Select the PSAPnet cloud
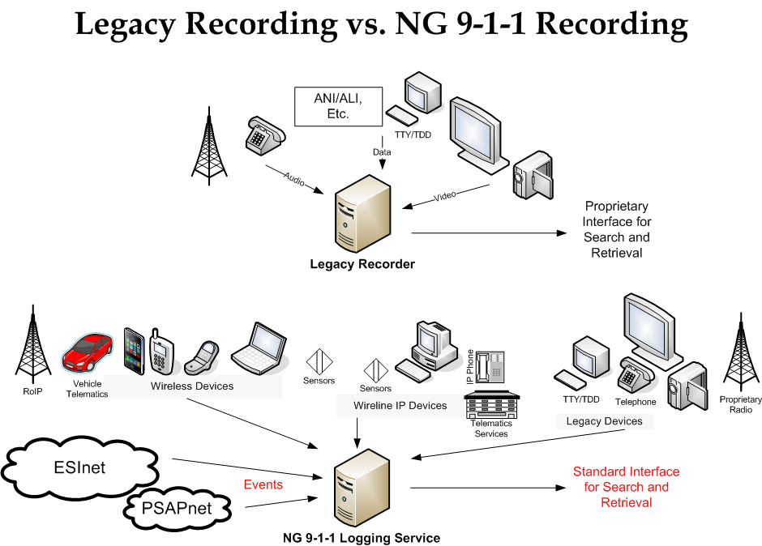click(x=174, y=508)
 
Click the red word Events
click(x=263, y=484)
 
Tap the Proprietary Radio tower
click(x=739, y=356)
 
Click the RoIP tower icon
click(x=32, y=343)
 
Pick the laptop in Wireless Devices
click(x=258, y=348)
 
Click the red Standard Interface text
click(x=626, y=487)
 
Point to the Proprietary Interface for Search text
click(x=617, y=229)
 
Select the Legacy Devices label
click(x=604, y=421)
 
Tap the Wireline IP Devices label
click(x=400, y=405)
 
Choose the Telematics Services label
click(x=491, y=429)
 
